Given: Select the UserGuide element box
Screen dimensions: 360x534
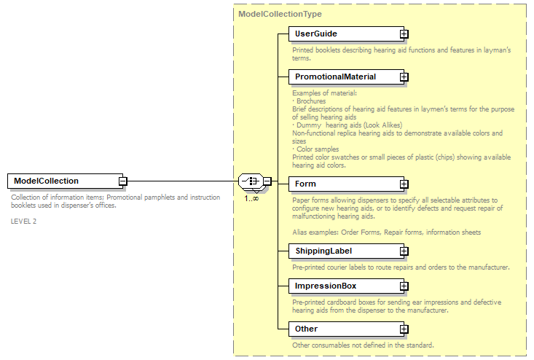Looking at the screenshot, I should [343, 34].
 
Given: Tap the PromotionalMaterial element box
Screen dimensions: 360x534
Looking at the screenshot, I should [343, 77].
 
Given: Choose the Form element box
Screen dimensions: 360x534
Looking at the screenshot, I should [343, 184].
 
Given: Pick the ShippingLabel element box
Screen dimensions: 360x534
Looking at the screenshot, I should [343, 251].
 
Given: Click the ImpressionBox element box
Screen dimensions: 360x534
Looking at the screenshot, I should [343, 286].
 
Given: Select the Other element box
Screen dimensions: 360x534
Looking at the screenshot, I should [343, 329].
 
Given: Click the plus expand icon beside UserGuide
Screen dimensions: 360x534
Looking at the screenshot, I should [404, 34].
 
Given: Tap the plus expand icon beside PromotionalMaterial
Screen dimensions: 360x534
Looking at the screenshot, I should [404, 77].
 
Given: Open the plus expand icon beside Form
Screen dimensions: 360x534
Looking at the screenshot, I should [404, 184].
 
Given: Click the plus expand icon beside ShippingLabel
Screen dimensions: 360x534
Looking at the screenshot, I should [404, 251].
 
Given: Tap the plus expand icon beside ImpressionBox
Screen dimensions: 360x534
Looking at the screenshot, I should [404, 286].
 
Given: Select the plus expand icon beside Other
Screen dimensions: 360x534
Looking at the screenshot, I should [404, 329].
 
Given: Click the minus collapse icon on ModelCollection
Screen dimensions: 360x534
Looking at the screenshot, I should [123, 181].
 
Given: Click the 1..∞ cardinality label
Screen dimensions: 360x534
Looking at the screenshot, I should [251, 198].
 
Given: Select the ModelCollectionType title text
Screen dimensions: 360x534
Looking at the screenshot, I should [280, 14].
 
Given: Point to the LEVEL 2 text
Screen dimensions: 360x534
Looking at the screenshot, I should [23, 221].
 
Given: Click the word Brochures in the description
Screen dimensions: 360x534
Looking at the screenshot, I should [312, 101].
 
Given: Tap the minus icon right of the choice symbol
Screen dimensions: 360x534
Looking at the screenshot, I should [267, 181].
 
